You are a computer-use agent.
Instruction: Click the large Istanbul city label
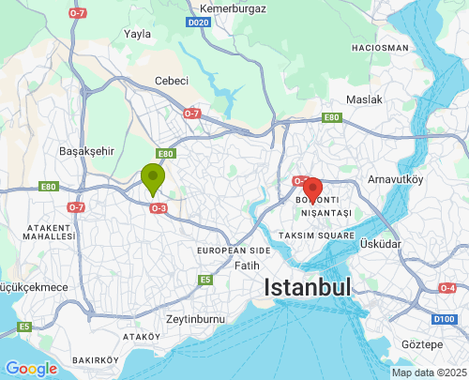(x=307, y=287)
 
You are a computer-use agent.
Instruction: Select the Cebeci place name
(x=172, y=81)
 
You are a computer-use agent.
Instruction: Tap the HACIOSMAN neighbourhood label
(x=380, y=47)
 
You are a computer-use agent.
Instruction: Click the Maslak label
(x=364, y=99)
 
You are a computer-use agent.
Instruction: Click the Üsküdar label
(x=380, y=244)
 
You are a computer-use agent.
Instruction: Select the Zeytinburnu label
(x=195, y=319)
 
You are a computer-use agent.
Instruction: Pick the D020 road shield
(x=198, y=22)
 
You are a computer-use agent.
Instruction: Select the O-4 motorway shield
(x=447, y=288)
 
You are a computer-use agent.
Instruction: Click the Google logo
(x=30, y=369)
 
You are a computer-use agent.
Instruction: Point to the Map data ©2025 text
(x=429, y=372)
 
